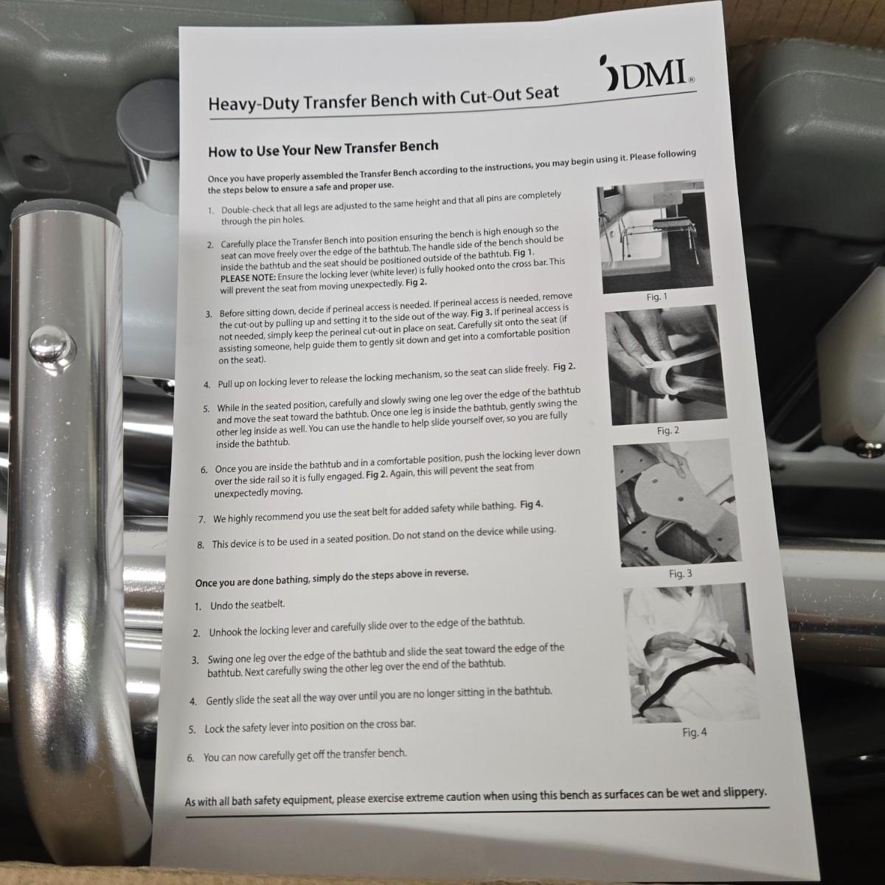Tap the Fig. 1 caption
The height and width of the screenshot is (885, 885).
tap(657, 297)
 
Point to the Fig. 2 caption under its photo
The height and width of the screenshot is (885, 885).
tap(667, 431)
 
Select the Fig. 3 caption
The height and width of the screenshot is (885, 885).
tap(680, 574)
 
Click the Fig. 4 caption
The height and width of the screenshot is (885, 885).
tap(695, 732)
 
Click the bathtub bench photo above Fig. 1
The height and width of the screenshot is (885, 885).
tap(655, 236)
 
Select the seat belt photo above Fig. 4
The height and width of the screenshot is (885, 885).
tap(691, 653)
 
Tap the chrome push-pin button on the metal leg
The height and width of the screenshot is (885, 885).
tap(52, 345)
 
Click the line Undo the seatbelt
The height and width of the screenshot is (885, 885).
tap(247, 605)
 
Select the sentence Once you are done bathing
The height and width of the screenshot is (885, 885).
tap(332, 577)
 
